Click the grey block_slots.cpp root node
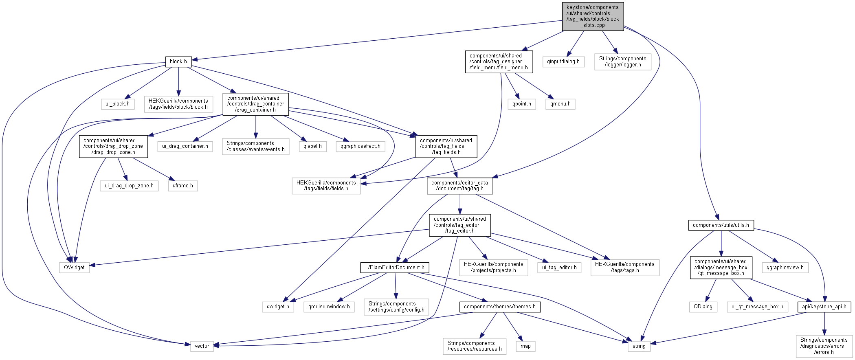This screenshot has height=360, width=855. tap(593, 16)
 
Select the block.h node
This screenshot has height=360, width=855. tap(178, 61)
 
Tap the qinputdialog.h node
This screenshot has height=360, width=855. tap(563, 61)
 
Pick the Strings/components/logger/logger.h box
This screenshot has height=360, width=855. tap(622, 61)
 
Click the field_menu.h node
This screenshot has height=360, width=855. tap(499, 61)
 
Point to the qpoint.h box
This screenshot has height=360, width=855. tap(522, 104)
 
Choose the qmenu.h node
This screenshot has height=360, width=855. tap(560, 104)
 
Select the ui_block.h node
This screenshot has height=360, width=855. tap(117, 104)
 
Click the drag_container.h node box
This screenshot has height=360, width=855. tap(255, 104)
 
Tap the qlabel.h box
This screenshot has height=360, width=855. tap(312, 146)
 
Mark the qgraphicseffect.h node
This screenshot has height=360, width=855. tap(360, 146)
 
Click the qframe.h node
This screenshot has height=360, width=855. tap(183, 186)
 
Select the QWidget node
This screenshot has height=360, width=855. tap(74, 268)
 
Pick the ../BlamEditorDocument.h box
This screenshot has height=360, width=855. tap(395, 268)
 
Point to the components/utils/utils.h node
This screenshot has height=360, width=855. tap(721, 225)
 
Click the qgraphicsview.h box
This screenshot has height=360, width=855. tap(785, 268)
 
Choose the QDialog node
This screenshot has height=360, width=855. tap(703, 307)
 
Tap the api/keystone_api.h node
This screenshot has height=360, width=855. tap(824, 307)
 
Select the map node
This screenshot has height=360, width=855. tap(525, 346)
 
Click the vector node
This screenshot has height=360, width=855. tap(202, 346)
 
